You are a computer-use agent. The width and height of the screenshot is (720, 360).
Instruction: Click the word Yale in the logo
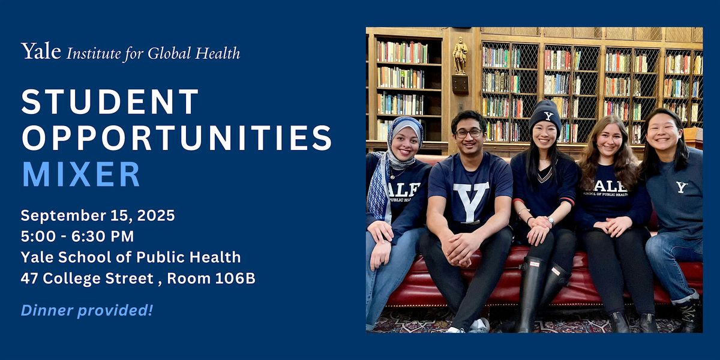(41, 51)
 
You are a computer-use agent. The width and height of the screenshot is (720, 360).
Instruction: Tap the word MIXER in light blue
(81, 174)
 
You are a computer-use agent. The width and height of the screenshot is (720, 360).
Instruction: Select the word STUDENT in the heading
(110, 101)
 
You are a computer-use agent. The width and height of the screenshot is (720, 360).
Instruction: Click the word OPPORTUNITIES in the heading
(176, 138)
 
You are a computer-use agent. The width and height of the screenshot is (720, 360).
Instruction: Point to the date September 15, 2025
(98, 215)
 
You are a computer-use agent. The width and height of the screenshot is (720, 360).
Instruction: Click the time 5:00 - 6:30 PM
(77, 236)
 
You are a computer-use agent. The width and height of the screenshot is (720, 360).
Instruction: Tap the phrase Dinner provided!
(87, 311)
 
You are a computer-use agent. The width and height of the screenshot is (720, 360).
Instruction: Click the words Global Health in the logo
(194, 53)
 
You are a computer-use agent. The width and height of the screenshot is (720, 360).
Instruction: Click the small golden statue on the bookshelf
(460, 55)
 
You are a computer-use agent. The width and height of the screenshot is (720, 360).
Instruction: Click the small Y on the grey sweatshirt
(681, 187)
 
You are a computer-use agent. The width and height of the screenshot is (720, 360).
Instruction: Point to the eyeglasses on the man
(469, 133)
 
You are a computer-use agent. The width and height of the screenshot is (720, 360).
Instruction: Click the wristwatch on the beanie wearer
(551, 221)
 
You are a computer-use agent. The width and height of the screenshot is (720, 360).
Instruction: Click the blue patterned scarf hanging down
(378, 190)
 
